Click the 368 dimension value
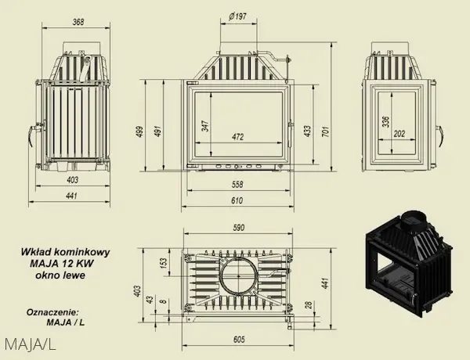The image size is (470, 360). tap(78, 22)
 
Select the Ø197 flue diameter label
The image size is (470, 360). tap(237, 16)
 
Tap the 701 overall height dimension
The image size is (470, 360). tap(326, 131)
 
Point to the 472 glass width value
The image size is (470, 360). tap(237, 137)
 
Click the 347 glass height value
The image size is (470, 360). tap(205, 126)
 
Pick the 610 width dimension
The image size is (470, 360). tap(237, 200)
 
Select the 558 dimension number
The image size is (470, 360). tap(237, 184)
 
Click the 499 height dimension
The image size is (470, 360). tap(140, 131)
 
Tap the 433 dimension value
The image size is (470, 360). tap(307, 131)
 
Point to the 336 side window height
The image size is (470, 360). tap(386, 121)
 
